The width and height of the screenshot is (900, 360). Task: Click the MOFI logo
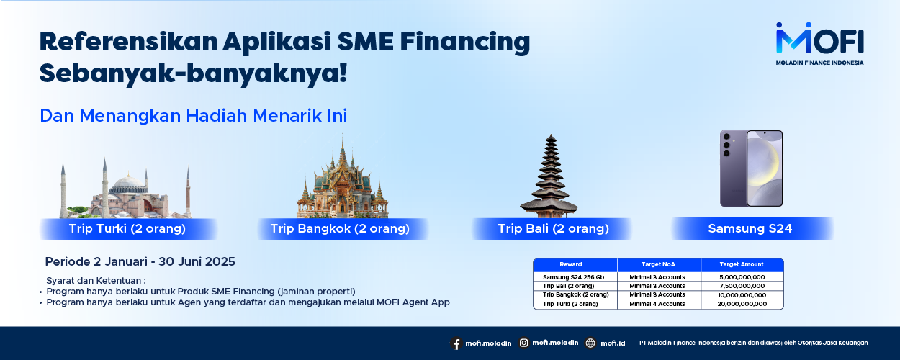819,43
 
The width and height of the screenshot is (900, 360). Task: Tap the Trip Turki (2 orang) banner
128,229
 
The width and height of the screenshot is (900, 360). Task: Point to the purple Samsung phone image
751,168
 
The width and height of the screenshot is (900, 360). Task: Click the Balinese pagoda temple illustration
549,176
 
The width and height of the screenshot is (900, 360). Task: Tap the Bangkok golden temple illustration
342,178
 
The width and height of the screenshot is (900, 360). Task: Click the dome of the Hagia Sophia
128,184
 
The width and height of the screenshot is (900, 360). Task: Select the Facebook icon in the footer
456,343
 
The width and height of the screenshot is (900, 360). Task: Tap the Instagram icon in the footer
523,343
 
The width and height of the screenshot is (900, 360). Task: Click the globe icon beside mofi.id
590,343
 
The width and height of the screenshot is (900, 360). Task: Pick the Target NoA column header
659,265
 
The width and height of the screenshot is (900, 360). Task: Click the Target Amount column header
742,265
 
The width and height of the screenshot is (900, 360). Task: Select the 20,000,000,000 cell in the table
742,304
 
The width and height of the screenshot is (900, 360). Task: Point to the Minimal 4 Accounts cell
657,304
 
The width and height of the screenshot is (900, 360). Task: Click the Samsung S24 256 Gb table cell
574,277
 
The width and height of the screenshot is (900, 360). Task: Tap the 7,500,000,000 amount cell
742,286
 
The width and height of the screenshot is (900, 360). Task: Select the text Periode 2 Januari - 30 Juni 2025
140,262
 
